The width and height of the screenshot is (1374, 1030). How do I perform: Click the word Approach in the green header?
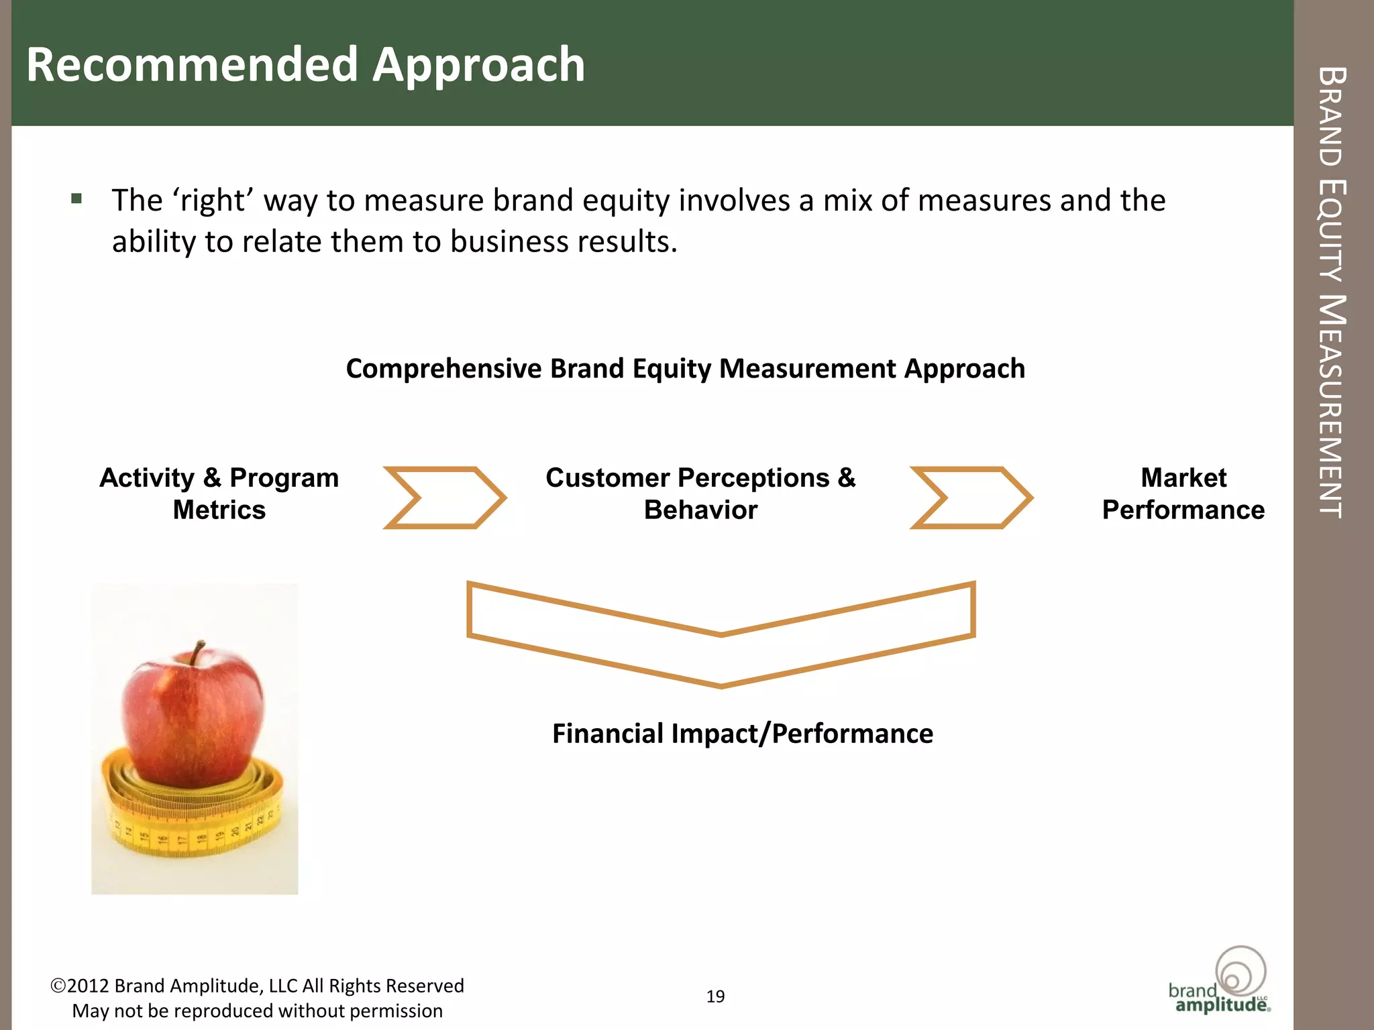click(x=478, y=66)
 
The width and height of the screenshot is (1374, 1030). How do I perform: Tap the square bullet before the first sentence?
click(x=76, y=198)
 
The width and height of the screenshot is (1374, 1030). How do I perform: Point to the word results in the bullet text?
click(x=629, y=241)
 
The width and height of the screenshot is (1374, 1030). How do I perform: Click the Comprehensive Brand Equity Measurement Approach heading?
click(x=685, y=369)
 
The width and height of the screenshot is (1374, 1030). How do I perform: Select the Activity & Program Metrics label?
click(x=219, y=494)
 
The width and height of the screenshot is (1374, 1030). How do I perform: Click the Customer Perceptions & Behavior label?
click(x=700, y=494)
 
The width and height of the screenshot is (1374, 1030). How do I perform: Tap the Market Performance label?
click(x=1183, y=494)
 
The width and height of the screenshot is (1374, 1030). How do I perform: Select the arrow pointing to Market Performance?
click(x=971, y=498)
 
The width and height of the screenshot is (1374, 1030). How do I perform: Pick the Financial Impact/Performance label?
click(x=742, y=734)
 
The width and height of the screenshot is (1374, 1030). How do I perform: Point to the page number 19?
click(x=715, y=996)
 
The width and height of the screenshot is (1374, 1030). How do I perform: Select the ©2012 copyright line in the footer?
click(x=257, y=986)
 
